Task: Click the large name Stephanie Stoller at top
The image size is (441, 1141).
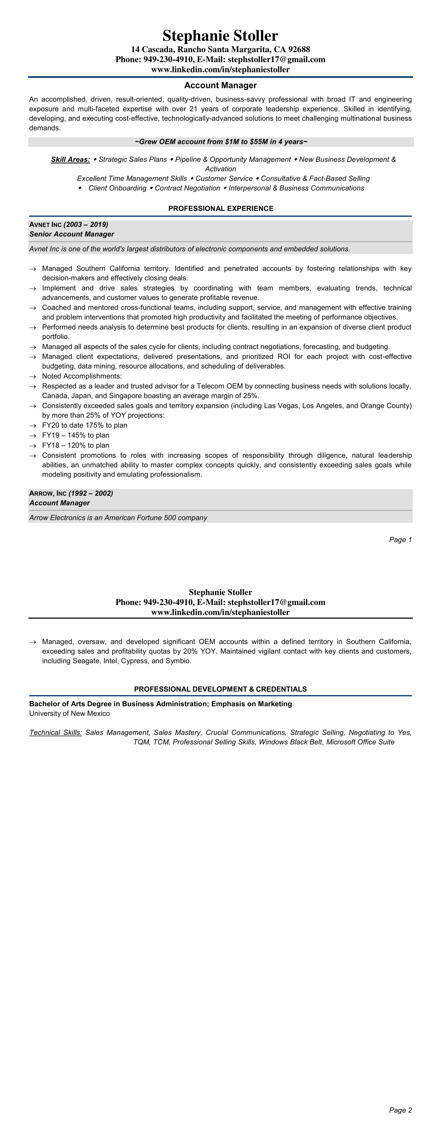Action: (220, 36)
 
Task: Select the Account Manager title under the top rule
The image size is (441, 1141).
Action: (220, 85)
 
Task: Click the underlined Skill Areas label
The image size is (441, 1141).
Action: (71, 159)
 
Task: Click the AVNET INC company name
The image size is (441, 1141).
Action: (45, 225)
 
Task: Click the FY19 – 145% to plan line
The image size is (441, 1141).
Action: (76, 435)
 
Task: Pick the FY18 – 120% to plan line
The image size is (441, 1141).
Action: (76, 445)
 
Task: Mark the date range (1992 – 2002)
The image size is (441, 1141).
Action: (91, 493)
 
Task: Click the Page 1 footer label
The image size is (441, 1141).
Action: (400, 539)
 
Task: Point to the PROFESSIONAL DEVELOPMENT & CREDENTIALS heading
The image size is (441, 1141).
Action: (220, 689)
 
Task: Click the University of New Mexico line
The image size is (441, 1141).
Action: (70, 713)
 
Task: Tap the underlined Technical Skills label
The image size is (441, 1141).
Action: (56, 732)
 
